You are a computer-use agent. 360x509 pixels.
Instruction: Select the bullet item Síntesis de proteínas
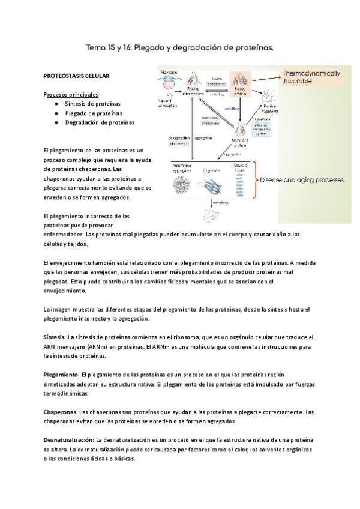click(x=92, y=103)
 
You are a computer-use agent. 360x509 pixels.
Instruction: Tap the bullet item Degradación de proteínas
click(x=99, y=122)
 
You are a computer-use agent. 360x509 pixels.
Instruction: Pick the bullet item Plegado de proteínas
click(x=93, y=113)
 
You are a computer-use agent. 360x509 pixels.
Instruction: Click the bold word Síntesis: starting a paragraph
click(x=55, y=338)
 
